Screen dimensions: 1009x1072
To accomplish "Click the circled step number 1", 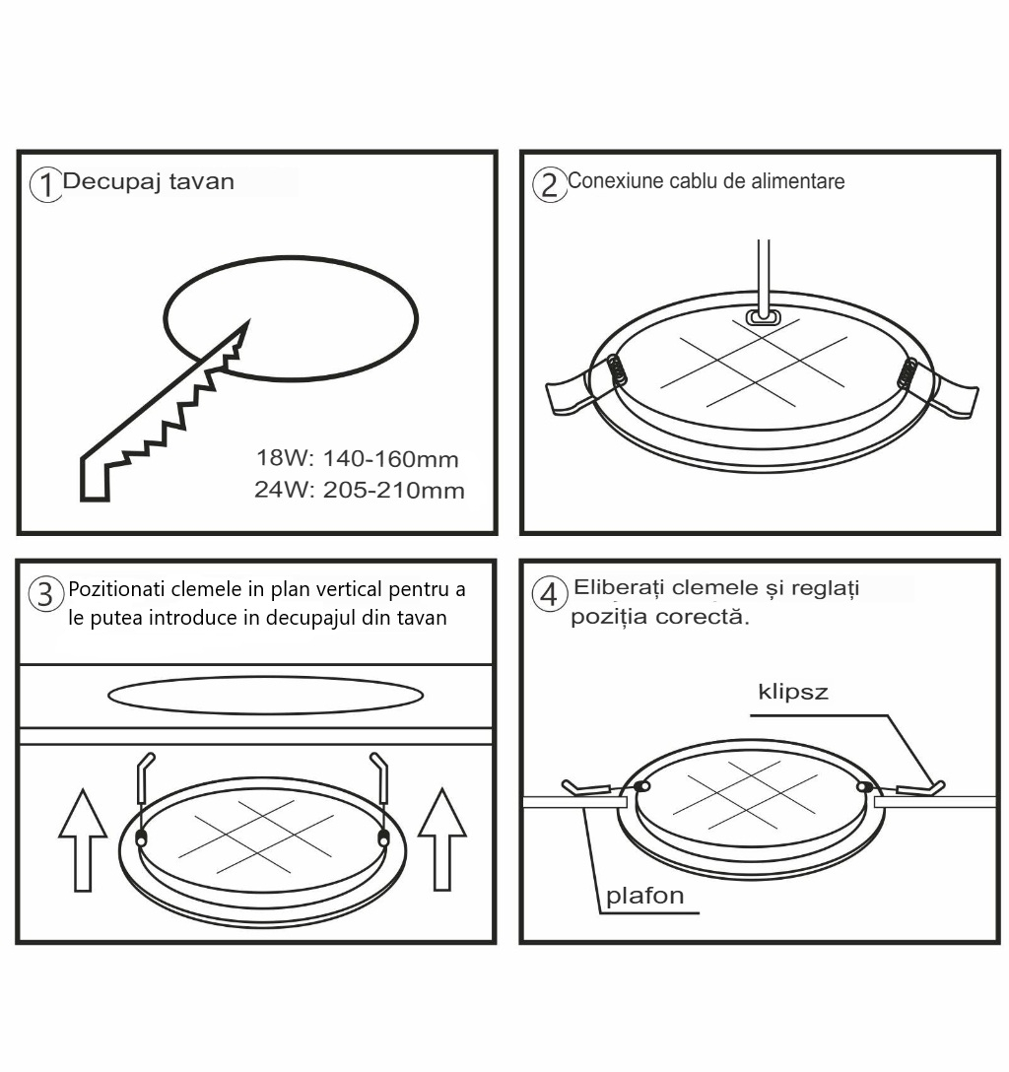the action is [x=45, y=184].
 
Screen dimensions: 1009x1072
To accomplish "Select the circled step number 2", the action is [x=550, y=184].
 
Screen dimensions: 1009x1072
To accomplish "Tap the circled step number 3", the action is [x=45, y=595].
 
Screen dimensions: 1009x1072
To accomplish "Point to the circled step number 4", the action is [x=550, y=594].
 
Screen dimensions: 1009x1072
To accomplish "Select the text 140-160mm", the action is [x=390, y=459].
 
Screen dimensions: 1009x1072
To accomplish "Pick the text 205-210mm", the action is [x=394, y=491].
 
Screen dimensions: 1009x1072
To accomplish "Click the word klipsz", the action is [x=793, y=693].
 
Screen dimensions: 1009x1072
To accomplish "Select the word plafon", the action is [x=644, y=897].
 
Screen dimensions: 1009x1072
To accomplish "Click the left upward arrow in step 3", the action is [x=83, y=839].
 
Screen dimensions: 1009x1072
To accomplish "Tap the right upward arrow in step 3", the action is [x=442, y=839].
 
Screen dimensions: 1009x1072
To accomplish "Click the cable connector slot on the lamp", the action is [x=764, y=316].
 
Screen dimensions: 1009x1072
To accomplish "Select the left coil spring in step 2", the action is [x=616, y=370].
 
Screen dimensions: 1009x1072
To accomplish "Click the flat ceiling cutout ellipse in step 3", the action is [x=265, y=696].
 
